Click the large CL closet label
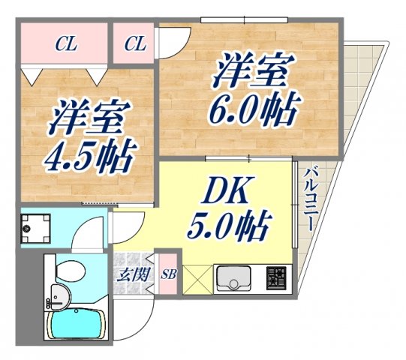(x=66, y=43)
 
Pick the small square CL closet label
(x=135, y=43)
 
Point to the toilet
(x=65, y=271)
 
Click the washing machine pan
(x=35, y=226)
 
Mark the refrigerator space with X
(x=195, y=281)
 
